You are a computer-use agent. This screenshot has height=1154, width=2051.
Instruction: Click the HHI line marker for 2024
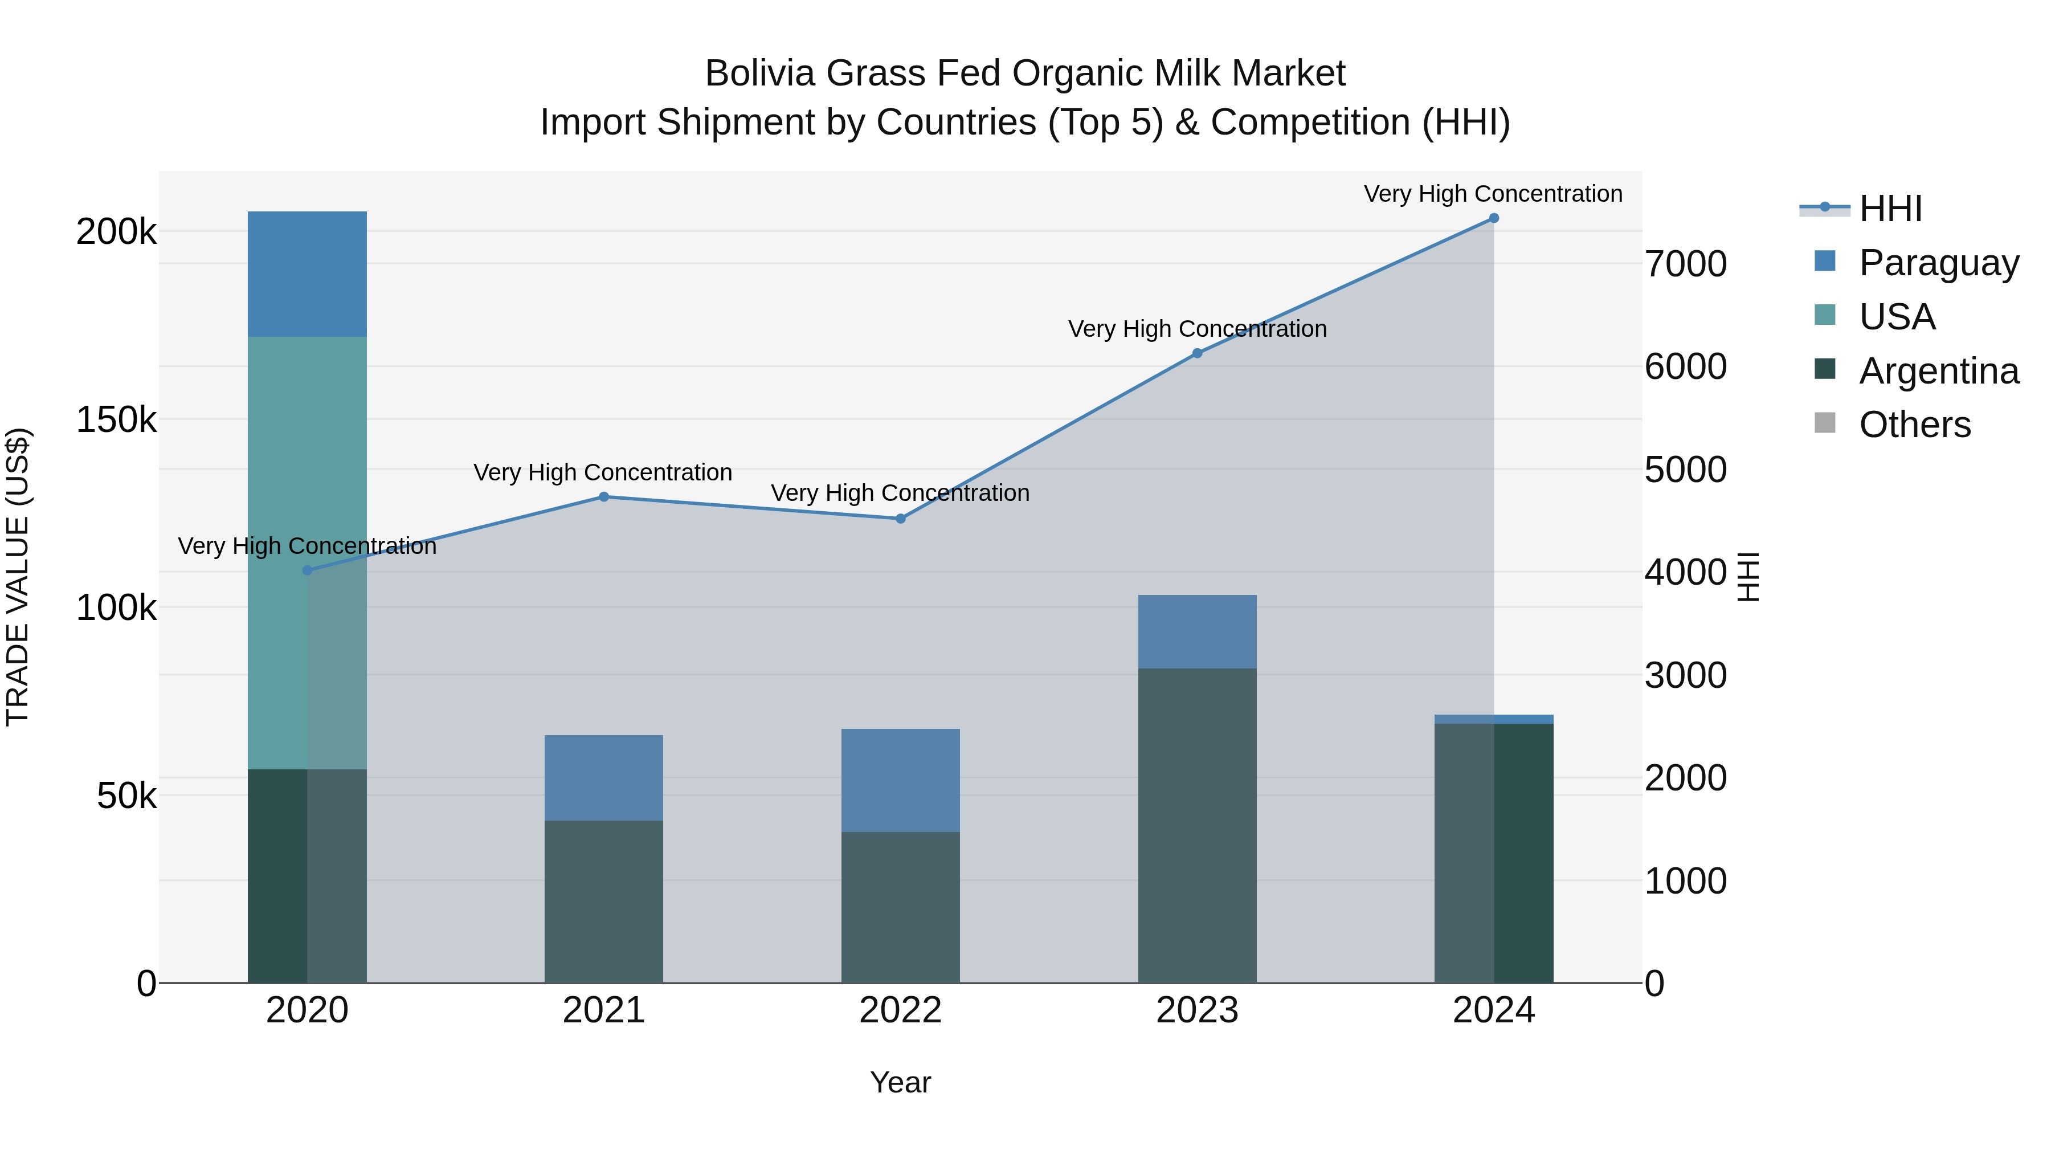(x=1494, y=218)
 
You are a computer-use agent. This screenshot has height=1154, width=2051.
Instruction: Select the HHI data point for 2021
(x=603, y=497)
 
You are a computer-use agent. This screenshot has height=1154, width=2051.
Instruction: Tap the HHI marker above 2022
(x=901, y=519)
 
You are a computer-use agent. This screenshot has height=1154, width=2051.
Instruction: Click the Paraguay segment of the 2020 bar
(x=307, y=274)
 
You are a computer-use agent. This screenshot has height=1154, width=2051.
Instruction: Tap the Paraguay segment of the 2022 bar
(x=901, y=781)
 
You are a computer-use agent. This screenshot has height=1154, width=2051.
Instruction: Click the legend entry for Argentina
(x=1939, y=371)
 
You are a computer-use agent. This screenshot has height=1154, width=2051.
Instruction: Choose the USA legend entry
(x=1897, y=317)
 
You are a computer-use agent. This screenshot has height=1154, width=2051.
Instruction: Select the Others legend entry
(x=1914, y=425)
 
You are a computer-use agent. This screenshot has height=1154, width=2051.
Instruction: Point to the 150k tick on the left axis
(x=116, y=419)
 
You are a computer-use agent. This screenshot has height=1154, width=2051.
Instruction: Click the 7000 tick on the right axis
(x=1686, y=264)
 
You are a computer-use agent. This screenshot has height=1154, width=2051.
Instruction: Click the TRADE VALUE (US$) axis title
(x=18, y=577)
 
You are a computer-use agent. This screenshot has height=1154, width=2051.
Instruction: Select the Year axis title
(x=901, y=1082)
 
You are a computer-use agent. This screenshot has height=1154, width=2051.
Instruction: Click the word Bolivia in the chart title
(x=759, y=74)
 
